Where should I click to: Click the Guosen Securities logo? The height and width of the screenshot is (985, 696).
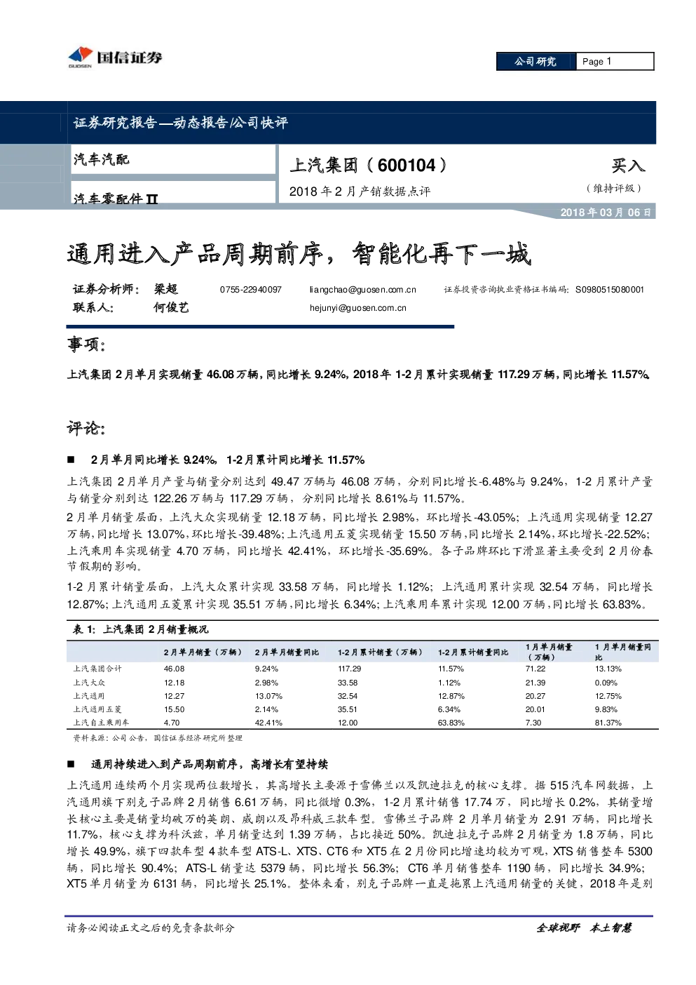pyautogui.click(x=115, y=58)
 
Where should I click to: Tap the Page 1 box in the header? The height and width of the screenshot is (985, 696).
pyautogui.click(x=615, y=62)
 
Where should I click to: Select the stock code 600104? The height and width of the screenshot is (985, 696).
pyautogui.click(x=406, y=166)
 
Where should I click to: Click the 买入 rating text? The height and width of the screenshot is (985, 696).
pyautogui.click(x=628, y=166)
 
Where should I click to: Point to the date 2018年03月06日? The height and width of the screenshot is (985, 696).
pyautogui.click(x=606, y=213)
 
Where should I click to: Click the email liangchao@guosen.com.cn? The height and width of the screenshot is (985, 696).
pyautogui.click(x=362, y=290)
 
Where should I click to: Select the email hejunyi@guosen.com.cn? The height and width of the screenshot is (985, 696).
pyautogui.click(x=357, y=308)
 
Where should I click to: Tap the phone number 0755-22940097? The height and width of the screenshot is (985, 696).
pyautogui.click(x=250, y=290)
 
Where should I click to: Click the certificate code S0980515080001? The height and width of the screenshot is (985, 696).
pyautogui.click(x=610, y=290)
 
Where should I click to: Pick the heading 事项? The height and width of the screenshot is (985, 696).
pyautogui.click(x=86, y=344)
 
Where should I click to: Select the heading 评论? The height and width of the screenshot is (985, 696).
pyautogui.click(x=86, y=428)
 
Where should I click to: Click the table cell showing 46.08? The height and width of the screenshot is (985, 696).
pyautogui.click(x=174, y=669)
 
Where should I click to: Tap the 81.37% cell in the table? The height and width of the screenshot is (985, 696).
pyautogui.click(x=608, y=723)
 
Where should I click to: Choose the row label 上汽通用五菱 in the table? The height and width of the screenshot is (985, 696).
pyautogui.click(x=97, y=709)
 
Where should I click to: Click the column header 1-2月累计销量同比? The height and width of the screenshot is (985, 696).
pyautogui.click(x=473, y=652)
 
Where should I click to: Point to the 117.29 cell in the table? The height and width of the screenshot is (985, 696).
pyautogui.click(x=349, y=669)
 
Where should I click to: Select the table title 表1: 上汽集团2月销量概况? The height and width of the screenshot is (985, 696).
pyautogui.click(x=141, y=629)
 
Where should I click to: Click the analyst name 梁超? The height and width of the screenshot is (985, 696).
pyautogui.click(x=165, y=289)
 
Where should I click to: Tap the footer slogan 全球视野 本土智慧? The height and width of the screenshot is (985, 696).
pyautogui.click(x=584, y=928)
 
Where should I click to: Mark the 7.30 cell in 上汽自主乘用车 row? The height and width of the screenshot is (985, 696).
pyautogui.click(x=533, y=723)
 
